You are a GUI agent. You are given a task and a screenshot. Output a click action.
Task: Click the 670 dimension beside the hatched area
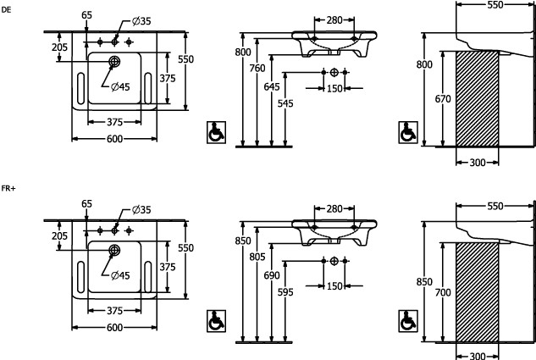(443, 98)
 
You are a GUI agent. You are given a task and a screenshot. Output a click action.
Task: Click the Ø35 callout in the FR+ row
(141, 210)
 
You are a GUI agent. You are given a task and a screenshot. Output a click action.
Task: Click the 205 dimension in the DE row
(59, 47)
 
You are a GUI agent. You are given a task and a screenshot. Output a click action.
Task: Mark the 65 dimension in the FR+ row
(86, 203)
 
